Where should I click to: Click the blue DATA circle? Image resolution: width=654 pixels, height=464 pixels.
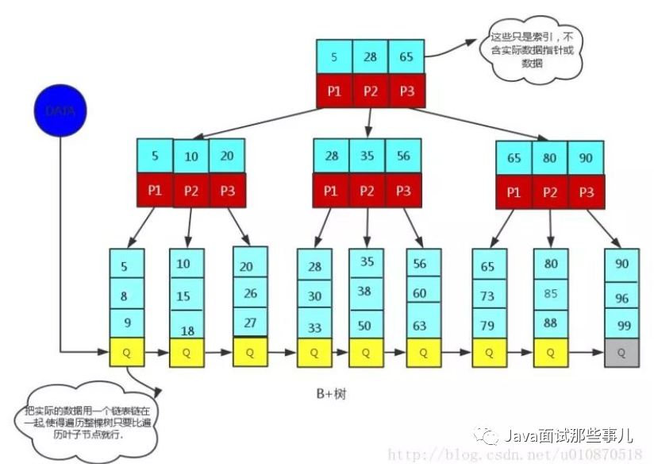[x=60, y=110]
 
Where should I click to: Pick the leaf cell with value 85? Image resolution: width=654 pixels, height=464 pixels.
[x=551, y=294]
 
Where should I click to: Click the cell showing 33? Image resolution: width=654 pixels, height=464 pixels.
[x=314, y=325]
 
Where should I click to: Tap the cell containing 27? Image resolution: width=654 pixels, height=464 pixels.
[x=250, y=322]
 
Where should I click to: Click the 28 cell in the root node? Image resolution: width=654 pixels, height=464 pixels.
[x=371, y=56]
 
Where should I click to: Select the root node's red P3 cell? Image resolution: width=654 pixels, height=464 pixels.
[x=407, y=91]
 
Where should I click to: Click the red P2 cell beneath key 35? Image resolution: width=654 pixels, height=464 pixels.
[x=367, y=191]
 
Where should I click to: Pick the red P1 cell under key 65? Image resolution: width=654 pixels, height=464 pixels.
[x=514, y=191]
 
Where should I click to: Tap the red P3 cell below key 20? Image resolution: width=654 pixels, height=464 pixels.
[x=227, y=191]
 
